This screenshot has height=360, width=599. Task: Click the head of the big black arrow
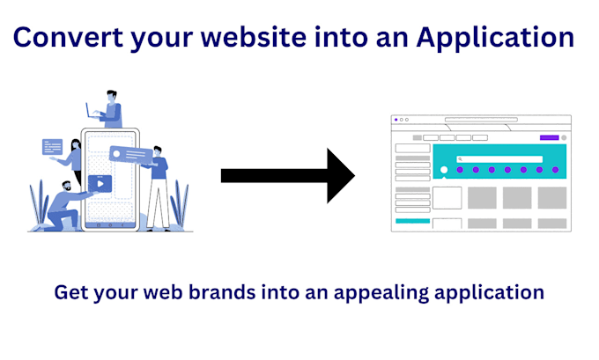(x=339, y=174)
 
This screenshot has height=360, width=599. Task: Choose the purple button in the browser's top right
(x=549, y=137)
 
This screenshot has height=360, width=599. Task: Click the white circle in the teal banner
(x=444, y=170)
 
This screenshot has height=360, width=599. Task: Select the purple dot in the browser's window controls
(x=396, y=119)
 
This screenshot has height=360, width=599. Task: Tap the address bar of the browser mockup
(x=480, y=119)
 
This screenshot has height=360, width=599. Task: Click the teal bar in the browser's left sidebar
(x=411, y=221)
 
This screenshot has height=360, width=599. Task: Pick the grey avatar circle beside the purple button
(x=564, y=137)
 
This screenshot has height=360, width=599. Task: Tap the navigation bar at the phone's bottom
(x=110, y=224)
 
